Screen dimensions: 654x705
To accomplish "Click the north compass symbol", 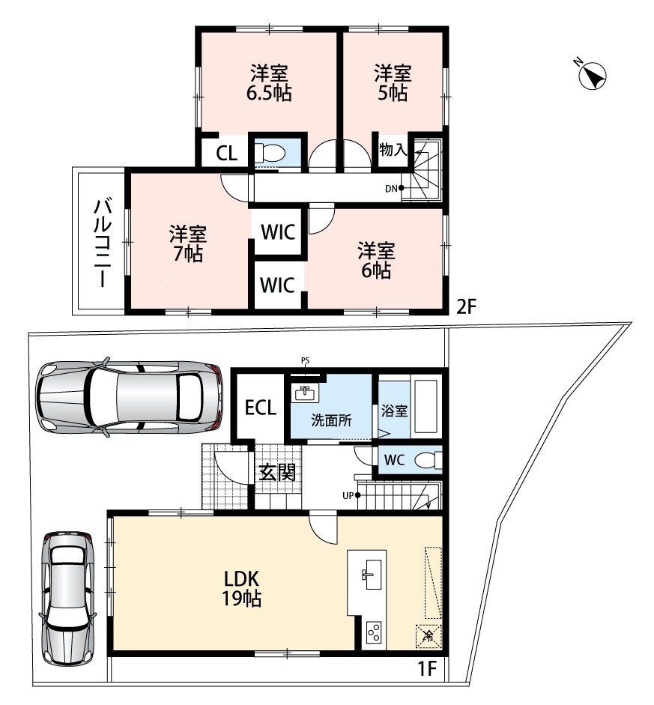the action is click(593, 74).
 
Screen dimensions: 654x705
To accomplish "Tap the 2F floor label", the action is click(465, 306).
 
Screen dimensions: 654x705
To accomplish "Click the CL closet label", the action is click(226, 154).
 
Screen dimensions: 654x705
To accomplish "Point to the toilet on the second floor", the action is click(269, 154).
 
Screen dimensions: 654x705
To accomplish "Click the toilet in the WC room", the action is click(428, 460).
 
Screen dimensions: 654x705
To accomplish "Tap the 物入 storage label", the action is click(393, 149).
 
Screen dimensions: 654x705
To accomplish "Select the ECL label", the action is click(260, 408).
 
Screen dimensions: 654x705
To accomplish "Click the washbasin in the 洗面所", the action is click(305, 393).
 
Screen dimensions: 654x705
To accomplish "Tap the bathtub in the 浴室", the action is click(426, 407).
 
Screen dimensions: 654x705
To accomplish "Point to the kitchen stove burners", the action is click(374, 634).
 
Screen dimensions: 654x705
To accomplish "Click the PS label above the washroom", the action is click(305, 360).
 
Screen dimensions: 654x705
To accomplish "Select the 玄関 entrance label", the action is click(278, 472).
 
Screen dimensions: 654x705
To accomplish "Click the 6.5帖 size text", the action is click(268, 93).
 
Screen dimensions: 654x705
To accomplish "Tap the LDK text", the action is click(242, 578).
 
